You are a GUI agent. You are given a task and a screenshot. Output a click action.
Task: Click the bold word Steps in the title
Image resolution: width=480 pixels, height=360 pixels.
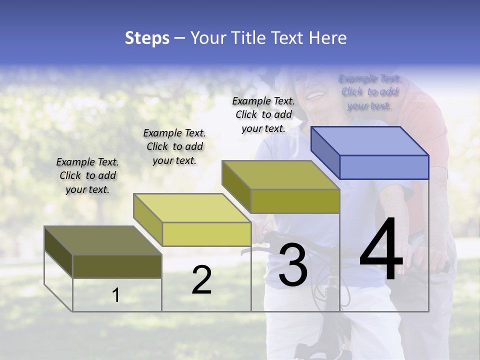[147, 38]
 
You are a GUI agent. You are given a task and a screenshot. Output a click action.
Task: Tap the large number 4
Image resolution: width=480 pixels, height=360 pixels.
[381, 250]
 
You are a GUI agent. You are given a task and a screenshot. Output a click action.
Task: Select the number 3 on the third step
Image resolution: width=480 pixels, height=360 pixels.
[292, 265]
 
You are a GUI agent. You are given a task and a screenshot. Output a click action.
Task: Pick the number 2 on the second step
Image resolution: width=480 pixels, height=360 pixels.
[201, 280]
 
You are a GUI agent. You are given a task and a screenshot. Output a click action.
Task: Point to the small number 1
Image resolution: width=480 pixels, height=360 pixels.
[116, 295]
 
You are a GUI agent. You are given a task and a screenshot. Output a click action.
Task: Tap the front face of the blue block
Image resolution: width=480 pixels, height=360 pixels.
[384, 167]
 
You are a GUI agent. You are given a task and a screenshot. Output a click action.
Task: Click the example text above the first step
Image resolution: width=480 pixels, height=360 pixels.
[87, 175]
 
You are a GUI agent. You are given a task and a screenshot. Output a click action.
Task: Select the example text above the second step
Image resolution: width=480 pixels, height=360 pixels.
[174, 146]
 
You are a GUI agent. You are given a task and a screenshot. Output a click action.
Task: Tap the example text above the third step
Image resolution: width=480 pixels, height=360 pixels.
[263, 114]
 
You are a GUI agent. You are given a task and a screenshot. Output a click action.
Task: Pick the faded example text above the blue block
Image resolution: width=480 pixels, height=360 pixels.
[369, 92]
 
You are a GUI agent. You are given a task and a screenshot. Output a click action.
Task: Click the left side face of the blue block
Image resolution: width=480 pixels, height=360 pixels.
[325, 152]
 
